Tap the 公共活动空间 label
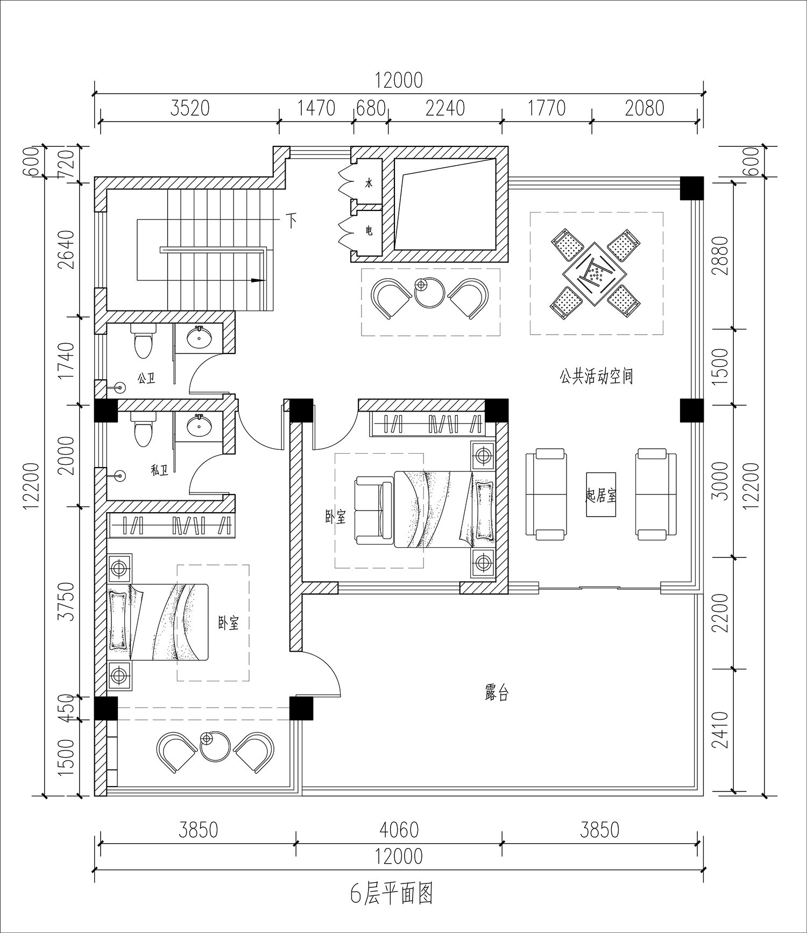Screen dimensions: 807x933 click(x=596, y=376)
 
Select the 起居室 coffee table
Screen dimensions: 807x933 click(x=600, y=494)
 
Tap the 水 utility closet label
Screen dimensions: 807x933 click(x=369, y=183)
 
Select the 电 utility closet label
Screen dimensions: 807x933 click(x=369, y=231)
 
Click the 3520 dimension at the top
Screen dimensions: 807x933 click(x=189, y=108)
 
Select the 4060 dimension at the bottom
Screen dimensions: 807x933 click(x=399, y=830)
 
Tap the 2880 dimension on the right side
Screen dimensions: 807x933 click(x=719, y=256)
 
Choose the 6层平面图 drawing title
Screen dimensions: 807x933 click(x=392, y=894)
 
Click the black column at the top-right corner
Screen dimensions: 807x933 click(x=691, y=188)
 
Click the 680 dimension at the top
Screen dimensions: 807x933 click(x=371, y=108)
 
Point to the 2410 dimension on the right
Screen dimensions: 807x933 click(x=719, y=730)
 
